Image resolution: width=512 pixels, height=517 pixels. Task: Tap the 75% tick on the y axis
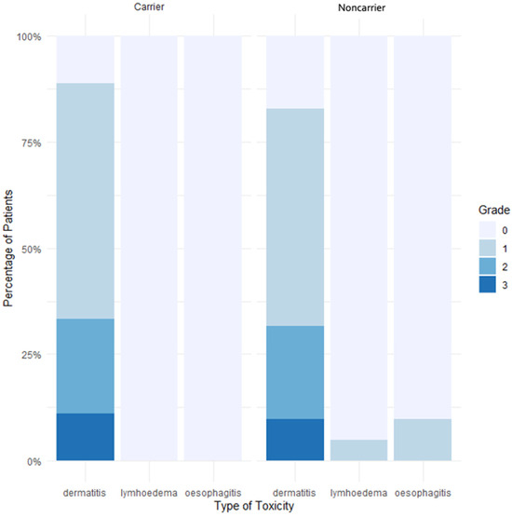(32, 143)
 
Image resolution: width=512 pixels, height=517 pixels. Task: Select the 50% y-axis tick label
(32, 250)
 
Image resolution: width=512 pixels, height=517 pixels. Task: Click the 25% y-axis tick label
(32, 355)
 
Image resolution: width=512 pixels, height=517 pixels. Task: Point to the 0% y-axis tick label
(34, 461)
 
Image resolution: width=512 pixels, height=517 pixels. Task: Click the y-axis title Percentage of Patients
(8, 249)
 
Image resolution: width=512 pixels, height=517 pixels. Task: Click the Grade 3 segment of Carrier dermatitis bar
(85, 437)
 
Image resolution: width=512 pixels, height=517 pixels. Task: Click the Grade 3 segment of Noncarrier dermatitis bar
(295, 440)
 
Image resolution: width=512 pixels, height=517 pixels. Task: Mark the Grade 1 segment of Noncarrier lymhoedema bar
(358, 450)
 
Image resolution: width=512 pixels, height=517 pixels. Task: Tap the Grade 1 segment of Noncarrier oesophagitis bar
(422, 440)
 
